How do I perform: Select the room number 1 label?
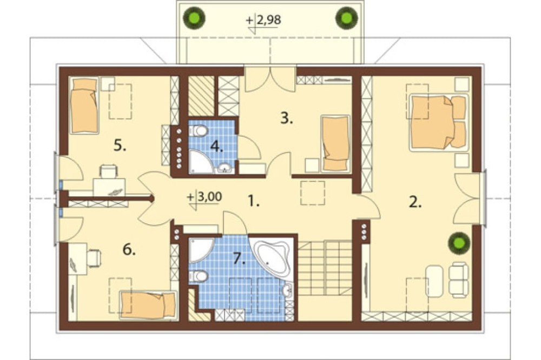coord(254,201)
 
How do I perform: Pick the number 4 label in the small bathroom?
coord(217,146)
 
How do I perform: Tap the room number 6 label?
coord(129,249)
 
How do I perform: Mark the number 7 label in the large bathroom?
coord(239,258)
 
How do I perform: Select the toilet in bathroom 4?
coord(198,131)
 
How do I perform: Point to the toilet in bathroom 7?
coord(198,276)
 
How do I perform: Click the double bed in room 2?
coord(439,122)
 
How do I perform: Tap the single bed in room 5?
coord(84,105)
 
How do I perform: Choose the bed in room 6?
coord(148,305)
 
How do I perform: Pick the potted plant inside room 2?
coord(459,243)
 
